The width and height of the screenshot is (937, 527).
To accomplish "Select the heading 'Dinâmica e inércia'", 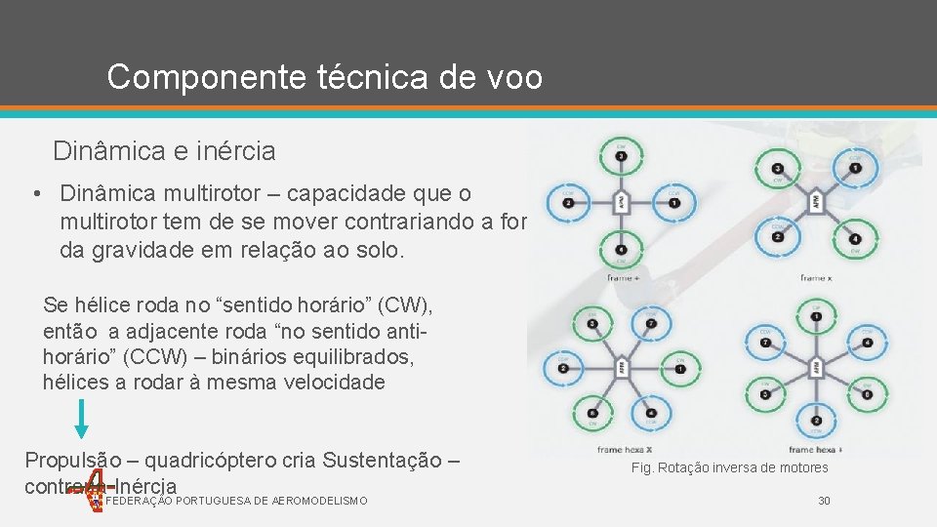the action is (x=164, y=151).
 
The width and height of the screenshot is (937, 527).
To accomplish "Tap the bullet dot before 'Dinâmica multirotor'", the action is (x=35, y=194).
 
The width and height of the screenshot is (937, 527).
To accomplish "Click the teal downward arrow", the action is (x=82, y=418).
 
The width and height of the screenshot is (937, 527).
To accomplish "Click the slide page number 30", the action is (x=824, y=501).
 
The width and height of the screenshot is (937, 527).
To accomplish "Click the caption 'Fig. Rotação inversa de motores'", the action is (x=729, y=468).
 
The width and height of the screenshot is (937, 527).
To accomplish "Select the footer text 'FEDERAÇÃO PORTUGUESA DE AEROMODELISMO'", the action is (x=236, y=501).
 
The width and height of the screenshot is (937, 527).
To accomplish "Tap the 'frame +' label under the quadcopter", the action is (x=623, y=277).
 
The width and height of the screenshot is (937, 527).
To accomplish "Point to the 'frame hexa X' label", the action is (x=625, y=450).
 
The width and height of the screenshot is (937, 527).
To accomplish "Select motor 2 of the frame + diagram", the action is (x=567, y=204).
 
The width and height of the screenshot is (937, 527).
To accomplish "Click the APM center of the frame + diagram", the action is (x=622, y=204).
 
